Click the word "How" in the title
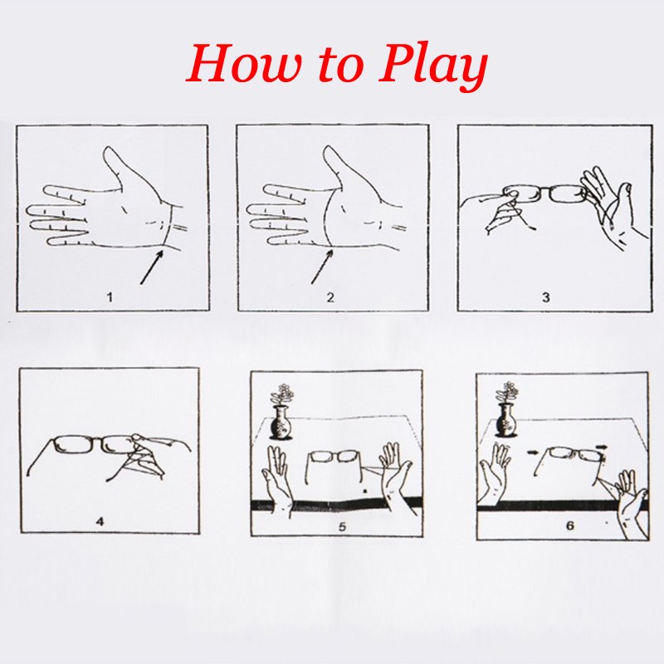coord(245,64)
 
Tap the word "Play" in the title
coord(432,67)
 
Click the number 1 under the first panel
coord(110,297)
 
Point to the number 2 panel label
coord(330,297)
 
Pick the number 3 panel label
coord(546,297)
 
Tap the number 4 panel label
coord(100,521)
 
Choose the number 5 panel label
coord(342,526)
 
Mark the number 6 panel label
coord(570,525)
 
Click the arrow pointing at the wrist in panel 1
coord(152,267)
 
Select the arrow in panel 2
coord(323,266)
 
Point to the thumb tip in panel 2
coord(329,149)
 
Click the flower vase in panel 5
coord(281,413)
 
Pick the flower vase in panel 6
coord(505,410)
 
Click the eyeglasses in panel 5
coord(334,466)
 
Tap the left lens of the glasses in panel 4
coord(73,445)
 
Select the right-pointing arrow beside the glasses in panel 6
coord(601,447)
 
